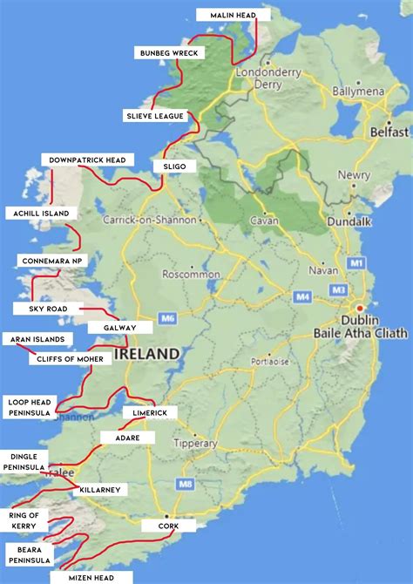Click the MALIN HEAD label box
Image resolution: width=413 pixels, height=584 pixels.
point(233,15)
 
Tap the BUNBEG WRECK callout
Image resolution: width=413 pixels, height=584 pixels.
point(170,53)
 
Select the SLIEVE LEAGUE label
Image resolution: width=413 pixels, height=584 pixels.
point(153,115)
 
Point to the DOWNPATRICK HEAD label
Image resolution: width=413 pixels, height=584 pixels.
point(87,160)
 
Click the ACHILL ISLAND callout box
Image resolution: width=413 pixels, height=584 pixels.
point(40,213)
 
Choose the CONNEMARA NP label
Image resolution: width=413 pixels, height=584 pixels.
point(51,261)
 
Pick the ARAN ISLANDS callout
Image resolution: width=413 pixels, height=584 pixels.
point(37,339)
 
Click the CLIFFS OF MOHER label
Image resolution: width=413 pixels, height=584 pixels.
point(70,359)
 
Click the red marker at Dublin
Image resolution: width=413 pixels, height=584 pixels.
point(356,309)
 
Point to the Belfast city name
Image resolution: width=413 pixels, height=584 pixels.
point(388,132)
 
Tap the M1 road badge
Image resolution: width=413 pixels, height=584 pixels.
point(355,262)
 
